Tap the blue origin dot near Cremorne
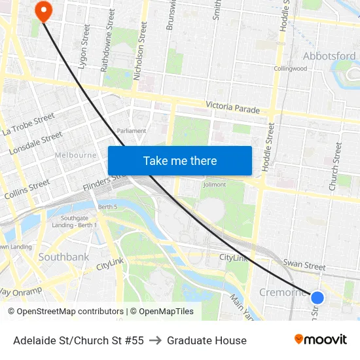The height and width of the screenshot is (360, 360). (317, 298)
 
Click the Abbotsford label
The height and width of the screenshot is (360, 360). (329, 56)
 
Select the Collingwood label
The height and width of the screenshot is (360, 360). (291, 69)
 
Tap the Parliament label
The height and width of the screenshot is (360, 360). (131, 131)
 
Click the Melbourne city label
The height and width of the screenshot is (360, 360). (75, 156)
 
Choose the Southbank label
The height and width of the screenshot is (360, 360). (63, 257)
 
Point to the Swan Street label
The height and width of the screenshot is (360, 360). (304, 266)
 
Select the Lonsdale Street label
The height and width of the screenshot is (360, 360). (36, 143)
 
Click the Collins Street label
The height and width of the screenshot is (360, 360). (27, 189)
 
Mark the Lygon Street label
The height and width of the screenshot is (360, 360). (84, 43)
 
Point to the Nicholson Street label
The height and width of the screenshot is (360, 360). (139, 50)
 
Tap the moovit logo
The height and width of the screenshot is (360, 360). (321, 339)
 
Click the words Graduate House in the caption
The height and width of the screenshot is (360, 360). (207, 340)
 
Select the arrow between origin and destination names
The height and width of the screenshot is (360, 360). (155, 340)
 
